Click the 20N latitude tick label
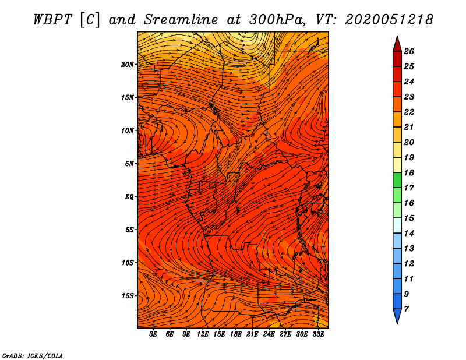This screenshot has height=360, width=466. tap(128, 65)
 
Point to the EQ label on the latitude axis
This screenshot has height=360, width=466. tap(129, 197)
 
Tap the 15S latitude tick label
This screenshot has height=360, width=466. tap(128, 296)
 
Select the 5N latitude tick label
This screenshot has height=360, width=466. tap(129, 164)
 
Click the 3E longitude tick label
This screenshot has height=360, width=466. tap(154, 334)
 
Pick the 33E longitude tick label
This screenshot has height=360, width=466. tap(318, 334)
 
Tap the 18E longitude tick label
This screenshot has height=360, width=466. tap(236, 334)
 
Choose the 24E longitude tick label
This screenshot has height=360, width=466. tap(269, 334)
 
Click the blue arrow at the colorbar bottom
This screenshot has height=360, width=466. tap(397, 316)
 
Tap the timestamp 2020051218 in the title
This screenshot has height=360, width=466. tap(389, 19)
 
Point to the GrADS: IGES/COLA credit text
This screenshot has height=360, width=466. tap(33, 355)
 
